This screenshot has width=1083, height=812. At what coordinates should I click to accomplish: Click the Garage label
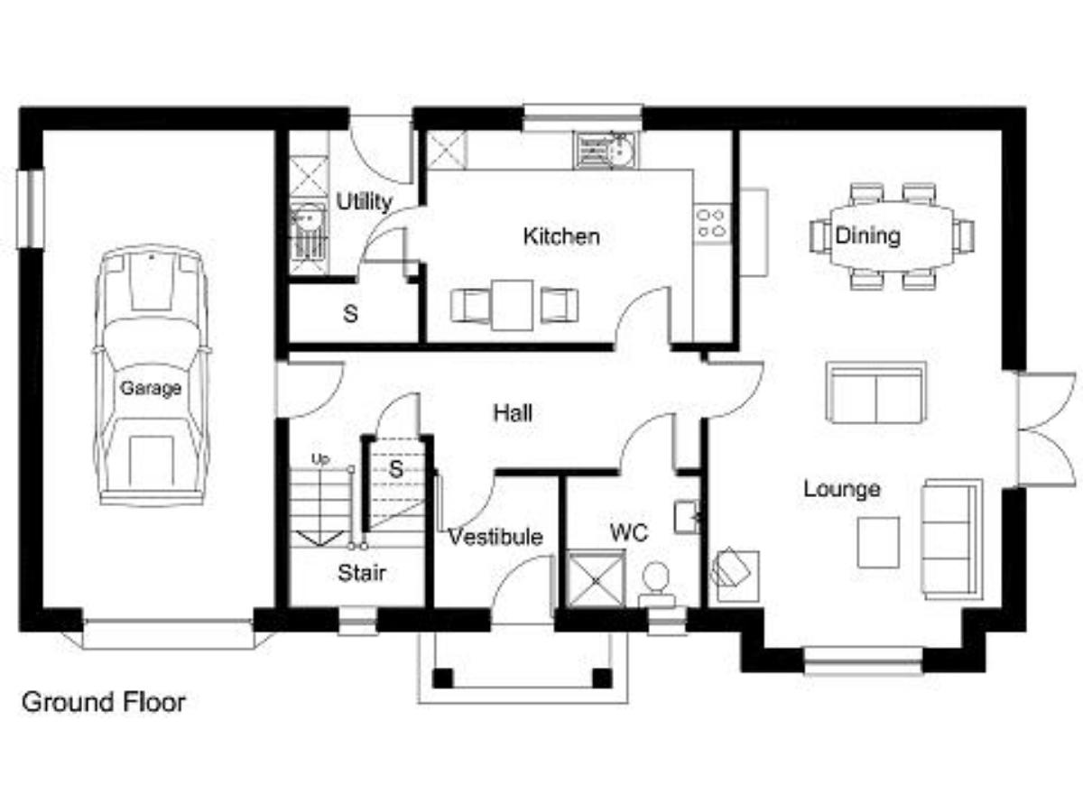click(x=151, y=389)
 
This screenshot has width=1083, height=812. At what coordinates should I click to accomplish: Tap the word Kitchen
click(x=561, y=236)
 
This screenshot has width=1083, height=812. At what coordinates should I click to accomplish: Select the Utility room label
click(x=364, y=201)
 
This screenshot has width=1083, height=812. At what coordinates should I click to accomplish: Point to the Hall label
click(x=513, y=412)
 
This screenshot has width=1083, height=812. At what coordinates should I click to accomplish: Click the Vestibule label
click(x=495, y=537)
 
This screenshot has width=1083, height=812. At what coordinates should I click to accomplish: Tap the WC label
click(x=629, y=532)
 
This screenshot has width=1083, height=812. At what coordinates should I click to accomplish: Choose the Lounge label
click(x=842, y=489)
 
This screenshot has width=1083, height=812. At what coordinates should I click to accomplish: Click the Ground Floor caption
click(x=104, y=702)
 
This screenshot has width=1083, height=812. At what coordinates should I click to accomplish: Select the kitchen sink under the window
click(x=606, y=151)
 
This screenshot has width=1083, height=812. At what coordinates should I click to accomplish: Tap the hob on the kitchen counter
click(x=712, y=223)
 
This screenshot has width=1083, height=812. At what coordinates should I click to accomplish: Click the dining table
click(x=892, y=235)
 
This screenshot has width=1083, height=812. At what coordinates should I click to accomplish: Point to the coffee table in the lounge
click(x=878, y=542)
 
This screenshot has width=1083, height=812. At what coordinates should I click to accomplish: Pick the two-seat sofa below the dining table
click(x=876, y=392)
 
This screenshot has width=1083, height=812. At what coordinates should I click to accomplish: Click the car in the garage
click(x=152, y=375)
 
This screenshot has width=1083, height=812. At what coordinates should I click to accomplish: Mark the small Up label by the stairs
click(x=320, y=459)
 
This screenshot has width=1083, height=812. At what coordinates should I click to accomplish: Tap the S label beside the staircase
click(x=396, y=469)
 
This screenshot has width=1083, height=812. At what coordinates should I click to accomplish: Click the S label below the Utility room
click(x=350, y=314)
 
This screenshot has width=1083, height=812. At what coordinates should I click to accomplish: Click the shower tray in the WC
click(x=596, y=580)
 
